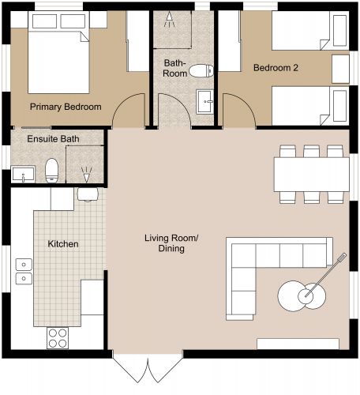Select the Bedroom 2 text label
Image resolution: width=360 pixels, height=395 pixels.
[276, 68]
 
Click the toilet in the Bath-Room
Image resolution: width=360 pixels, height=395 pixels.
[204, 71]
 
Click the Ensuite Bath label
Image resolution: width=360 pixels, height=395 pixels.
[54, 140]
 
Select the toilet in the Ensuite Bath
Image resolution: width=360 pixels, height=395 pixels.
[52, 169]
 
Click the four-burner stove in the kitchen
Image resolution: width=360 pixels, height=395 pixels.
[57, 337]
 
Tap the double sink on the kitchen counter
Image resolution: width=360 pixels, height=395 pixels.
[23, 276]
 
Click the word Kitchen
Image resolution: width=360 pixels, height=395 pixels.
[63, 244]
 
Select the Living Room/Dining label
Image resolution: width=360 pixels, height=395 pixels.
[164, 243]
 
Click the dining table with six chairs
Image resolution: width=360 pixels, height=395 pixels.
[311, 173]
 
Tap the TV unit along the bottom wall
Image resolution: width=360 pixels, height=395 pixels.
[298, 344]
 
